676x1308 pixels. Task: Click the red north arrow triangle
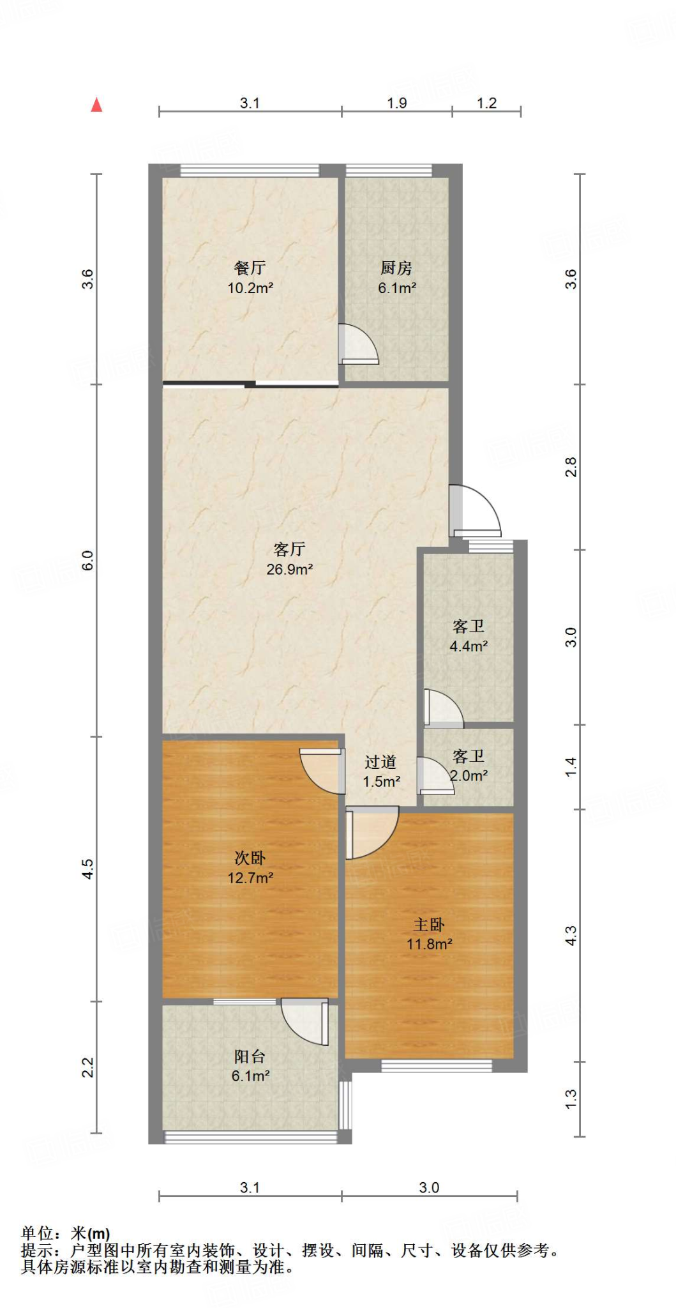pyautogui.click(x=96, y=105)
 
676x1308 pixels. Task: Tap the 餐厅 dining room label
pyautogui.click(x=250, y=268)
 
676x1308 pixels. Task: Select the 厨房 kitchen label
pyautogui.click(x=396, y=268)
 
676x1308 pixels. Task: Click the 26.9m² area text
pyautogui.click(x=289, y=569)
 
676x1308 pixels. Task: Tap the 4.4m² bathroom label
pyautogui.click(x=469, y=646)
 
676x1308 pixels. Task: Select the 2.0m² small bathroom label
pyautogui.click(x=469, y=775)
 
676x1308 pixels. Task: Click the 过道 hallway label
pyautogui.click(x=381, y=761)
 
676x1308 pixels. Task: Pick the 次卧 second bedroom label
pyautogui.click(x=250, y=858)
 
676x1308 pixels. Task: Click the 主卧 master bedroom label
pyautogui.click(x=429, y=924)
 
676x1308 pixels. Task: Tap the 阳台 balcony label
pyautogui.click(x=250, y=1056)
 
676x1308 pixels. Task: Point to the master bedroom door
pyautogui.click(x=370, y=832)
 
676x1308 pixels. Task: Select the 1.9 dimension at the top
pyautogui.click(x=396, y=103)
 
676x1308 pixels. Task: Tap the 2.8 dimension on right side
pyautogui.click(x=571, y=467)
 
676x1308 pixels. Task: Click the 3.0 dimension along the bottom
pyautogui.click(x=429, y=1187)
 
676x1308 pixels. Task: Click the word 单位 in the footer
pyautogui.click(x=37, y=1233)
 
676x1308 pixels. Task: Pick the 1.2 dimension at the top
pyautogui.click(x=486, y=103)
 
